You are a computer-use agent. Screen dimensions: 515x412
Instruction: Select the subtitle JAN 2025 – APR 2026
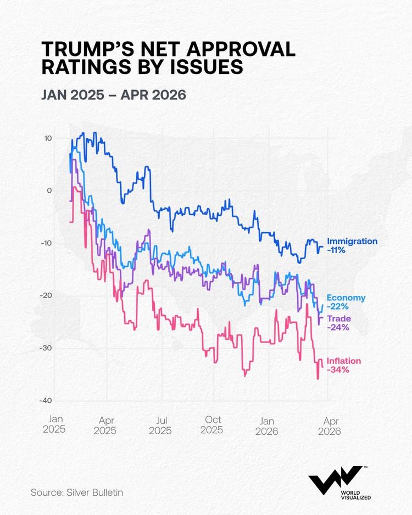pyautogui.click(x=114, y=94)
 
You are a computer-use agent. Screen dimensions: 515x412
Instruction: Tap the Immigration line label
pyautogui.click(x=352, y=241)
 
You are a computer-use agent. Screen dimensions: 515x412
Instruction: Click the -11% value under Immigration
pyautogui.click(x=336, y=250)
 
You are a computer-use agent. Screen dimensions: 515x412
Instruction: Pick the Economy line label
pyautogui.click(x=346, y=298)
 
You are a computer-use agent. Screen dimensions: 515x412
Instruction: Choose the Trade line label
pyautogui.click(x=339, y=319)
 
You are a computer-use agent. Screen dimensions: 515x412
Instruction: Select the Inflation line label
pyautogui.click(x=344, y=361)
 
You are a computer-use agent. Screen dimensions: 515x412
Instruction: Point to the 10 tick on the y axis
pyautogui.click(x=48, y=138)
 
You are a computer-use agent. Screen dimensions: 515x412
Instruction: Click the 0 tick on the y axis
pyautogui.click(x=49, y=191)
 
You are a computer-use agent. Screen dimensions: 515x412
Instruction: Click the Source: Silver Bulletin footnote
pyautogui.click(x=77, y=492)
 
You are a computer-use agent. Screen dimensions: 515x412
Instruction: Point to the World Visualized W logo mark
pyautogui.click(x=335, y=480)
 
